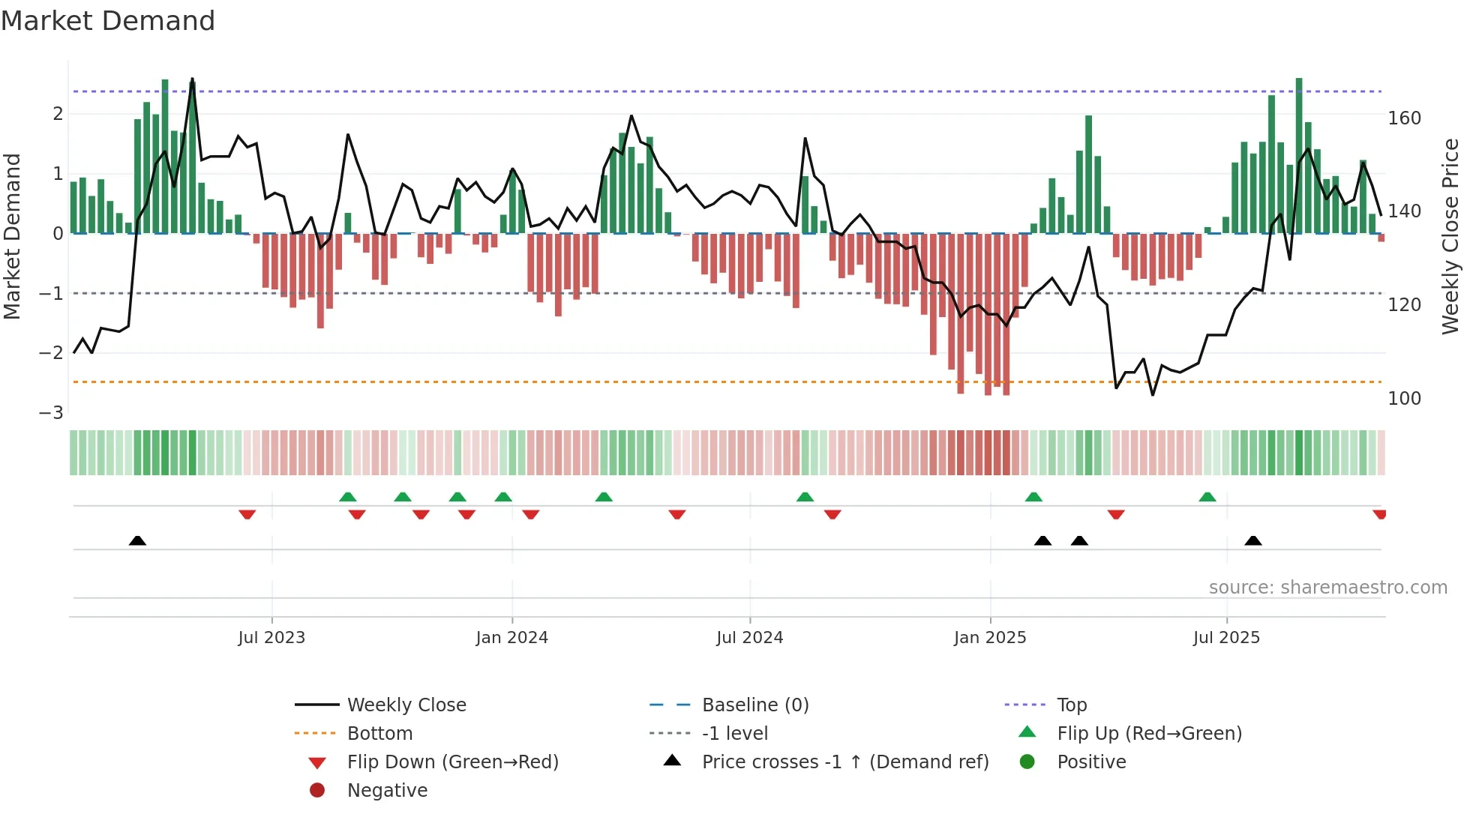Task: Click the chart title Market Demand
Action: pos(108,21)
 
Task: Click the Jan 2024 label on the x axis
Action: pos(511,638)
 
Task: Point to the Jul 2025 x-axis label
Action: pos(1226,638)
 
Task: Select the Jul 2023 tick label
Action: pos(271,638)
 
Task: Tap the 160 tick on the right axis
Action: pos(1404,118)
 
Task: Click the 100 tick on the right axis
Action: pos(1404,399)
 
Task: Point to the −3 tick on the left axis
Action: pos(51,413)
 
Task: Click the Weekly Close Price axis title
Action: pos(1450,236)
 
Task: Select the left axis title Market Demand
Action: pos(12,236)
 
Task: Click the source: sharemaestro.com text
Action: pos(1327,588)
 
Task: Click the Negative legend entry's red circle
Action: pos(317,791)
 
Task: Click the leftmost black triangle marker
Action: pos(137,540)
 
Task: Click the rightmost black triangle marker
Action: pos(1253,540)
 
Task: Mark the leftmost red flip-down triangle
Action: pos(247,514)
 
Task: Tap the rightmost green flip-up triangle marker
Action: pos(1207,497)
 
